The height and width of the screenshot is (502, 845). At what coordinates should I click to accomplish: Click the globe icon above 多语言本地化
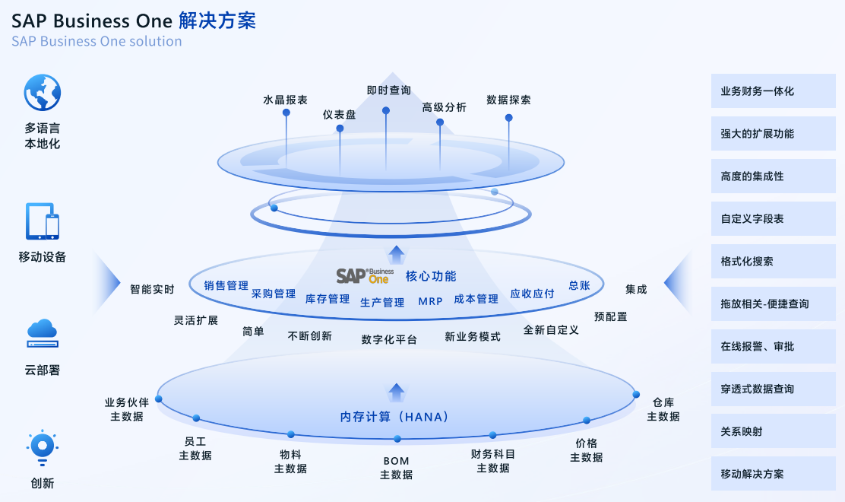(42, 93)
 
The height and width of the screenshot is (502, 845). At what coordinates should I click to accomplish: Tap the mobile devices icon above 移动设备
(42, 221)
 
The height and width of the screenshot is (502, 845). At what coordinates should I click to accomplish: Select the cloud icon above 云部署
(42, 332)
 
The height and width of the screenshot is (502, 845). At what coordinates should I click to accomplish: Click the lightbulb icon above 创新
(42, 446)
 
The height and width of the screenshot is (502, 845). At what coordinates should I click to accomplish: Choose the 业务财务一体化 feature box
(773, 91)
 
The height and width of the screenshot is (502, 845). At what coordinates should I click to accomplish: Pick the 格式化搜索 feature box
(773, 262)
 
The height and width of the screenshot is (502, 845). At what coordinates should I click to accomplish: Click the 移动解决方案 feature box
(773, 475)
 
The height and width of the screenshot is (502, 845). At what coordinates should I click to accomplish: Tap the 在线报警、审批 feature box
(773, 347)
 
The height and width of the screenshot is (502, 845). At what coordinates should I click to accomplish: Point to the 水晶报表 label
(285, 100)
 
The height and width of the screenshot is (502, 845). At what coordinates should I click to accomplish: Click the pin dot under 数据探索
(508, 118)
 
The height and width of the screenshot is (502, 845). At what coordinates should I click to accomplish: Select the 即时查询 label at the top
(388, 91)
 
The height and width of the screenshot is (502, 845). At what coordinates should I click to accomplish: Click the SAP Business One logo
(365, 275)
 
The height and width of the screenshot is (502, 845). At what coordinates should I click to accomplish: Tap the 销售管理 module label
(226, 286)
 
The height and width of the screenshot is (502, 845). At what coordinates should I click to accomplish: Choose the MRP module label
(430, 302)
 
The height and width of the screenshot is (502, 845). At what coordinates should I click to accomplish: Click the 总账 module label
(579, 286)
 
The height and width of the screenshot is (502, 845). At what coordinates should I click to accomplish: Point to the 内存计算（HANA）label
(395, 417)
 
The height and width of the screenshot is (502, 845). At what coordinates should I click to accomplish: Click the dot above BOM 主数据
(397, 439)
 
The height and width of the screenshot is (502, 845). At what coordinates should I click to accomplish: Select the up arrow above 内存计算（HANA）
(396, 392)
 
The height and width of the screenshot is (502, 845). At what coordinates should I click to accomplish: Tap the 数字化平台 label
(389, 340)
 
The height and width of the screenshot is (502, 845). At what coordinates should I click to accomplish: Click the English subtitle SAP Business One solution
(97, 41)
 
